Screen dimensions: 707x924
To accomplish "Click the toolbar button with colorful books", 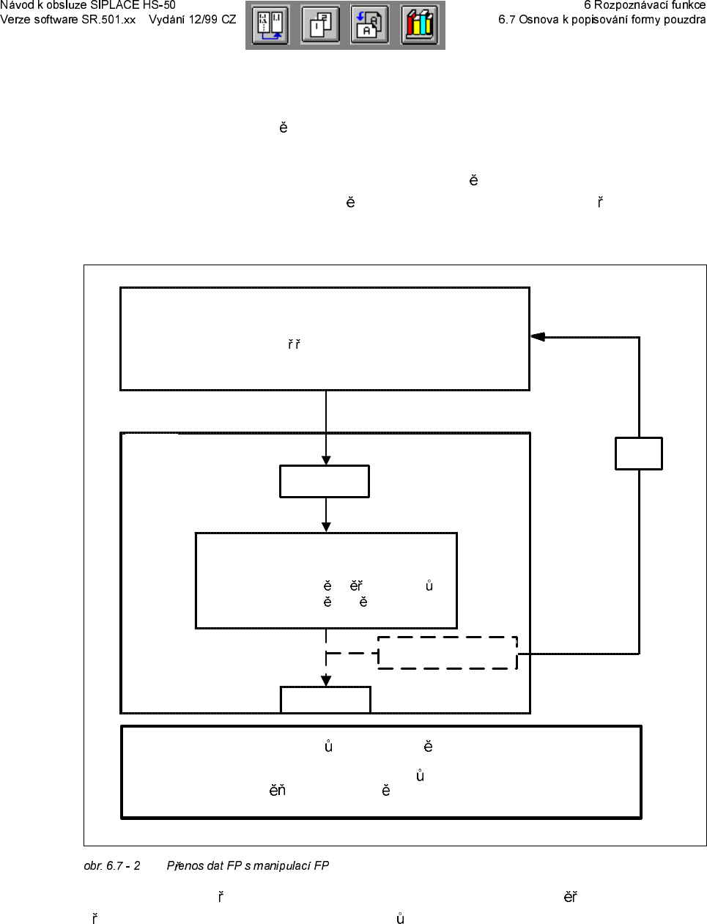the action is point(419,25).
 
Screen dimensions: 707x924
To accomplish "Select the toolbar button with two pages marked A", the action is point(370,25).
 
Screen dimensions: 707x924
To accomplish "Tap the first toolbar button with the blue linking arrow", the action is point(270,25).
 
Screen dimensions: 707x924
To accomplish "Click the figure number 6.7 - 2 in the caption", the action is point(123,866).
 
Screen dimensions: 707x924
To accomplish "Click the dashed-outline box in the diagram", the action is point(448,653).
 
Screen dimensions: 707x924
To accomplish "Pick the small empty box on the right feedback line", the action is point(639,454).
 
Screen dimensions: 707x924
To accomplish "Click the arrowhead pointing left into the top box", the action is point(538,337).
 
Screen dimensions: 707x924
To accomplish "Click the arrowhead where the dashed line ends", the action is point(326,681).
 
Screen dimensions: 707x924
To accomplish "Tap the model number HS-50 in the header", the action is point(159,5).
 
